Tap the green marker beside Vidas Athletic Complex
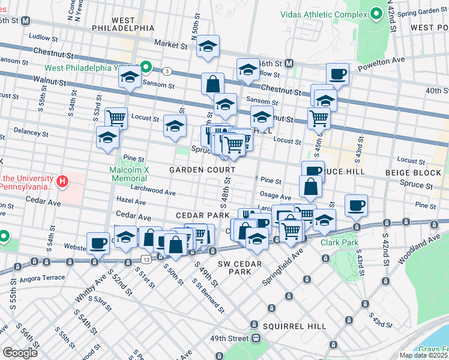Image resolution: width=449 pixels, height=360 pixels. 376,14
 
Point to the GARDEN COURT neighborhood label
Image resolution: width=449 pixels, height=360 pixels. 201,170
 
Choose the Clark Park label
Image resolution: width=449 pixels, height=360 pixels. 339,243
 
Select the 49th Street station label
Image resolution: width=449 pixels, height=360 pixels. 228,339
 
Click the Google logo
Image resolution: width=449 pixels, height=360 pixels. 20,352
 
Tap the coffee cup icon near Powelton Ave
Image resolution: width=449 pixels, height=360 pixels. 337,74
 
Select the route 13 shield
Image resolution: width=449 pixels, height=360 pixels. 146,257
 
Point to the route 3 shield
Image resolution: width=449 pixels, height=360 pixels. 167,71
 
